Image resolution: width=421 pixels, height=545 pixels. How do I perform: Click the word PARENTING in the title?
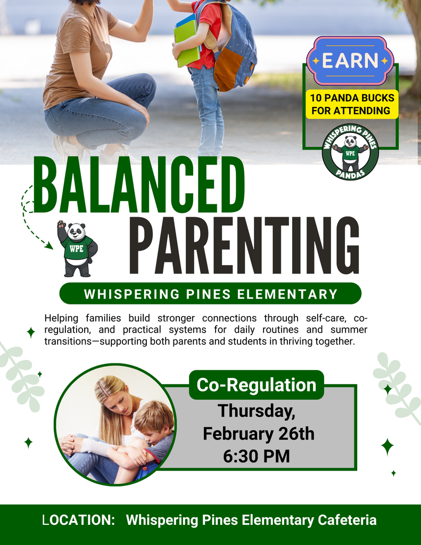click(244, 246)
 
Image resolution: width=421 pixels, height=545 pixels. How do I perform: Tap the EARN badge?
click(350, 61)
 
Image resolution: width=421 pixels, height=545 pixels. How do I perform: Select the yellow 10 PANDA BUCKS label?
click(352, 104)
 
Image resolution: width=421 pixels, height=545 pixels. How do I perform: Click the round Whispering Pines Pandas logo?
click(350, 152)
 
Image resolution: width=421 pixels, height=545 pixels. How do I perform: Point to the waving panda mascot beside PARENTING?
click(77, 249)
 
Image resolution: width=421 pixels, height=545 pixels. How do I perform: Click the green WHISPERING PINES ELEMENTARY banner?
click(210, 294)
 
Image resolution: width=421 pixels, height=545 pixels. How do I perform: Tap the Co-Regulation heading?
click(256, 385)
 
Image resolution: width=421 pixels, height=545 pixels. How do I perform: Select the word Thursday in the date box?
click(256, 411)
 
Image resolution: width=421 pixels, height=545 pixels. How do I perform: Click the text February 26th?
click(259, 434)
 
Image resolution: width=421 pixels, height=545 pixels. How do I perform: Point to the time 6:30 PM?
click(257, 456)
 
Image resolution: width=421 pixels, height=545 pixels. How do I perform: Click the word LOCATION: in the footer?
click(79, 520)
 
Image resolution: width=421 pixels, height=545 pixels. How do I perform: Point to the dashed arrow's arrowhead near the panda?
click(49, 246)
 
